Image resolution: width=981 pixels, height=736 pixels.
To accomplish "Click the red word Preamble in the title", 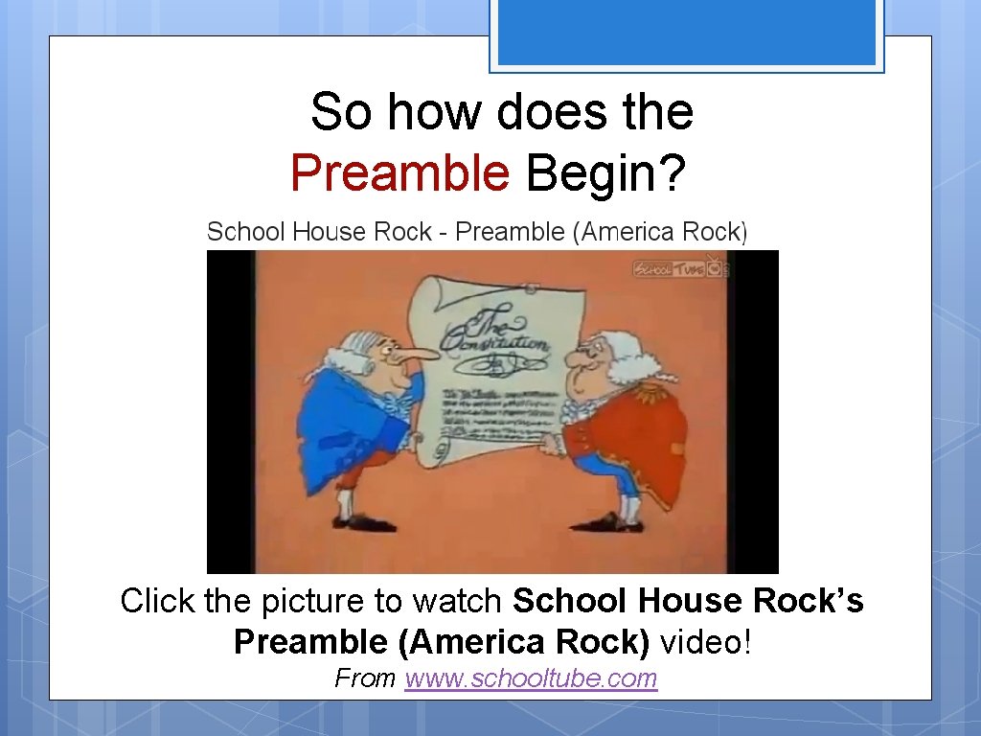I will point(399,173).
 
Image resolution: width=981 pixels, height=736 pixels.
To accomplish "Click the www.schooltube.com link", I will point(531,678).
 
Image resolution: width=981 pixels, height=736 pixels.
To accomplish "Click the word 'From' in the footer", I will point(365,678).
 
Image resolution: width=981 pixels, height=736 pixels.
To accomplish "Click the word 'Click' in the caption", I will point(157,601).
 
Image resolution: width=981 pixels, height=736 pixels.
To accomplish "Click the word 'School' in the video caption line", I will point(246,232).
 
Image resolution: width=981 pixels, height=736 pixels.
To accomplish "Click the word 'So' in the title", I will point(341,111).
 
